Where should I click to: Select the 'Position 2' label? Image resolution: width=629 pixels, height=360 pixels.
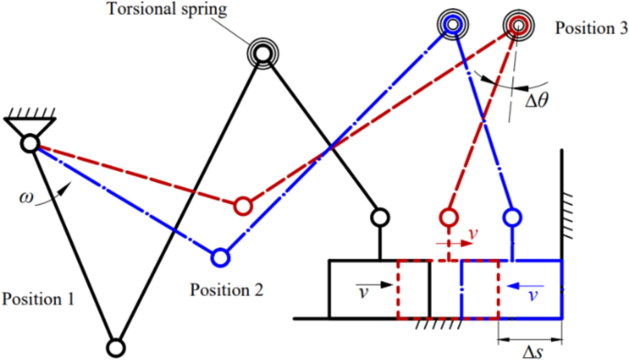(227, 290)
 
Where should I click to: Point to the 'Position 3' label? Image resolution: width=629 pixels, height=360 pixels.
(590, 28)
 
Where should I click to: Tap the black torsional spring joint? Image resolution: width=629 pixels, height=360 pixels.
(263, 54)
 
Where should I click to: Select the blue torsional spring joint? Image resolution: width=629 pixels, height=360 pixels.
(452, 24)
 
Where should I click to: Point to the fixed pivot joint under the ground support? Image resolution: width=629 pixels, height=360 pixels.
(30, 142)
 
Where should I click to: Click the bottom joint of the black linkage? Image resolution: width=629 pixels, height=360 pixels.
(116, 347)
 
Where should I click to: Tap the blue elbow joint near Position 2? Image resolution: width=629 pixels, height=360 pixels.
(219, 255)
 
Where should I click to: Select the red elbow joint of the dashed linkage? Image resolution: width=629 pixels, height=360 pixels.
(242, 204)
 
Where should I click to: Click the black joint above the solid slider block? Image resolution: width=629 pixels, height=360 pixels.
(378, 218)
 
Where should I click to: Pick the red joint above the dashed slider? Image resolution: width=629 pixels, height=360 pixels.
(448, 218)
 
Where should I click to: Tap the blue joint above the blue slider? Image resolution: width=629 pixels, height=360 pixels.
(512, 218)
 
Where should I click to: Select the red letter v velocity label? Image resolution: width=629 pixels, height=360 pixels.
(472, 234)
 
